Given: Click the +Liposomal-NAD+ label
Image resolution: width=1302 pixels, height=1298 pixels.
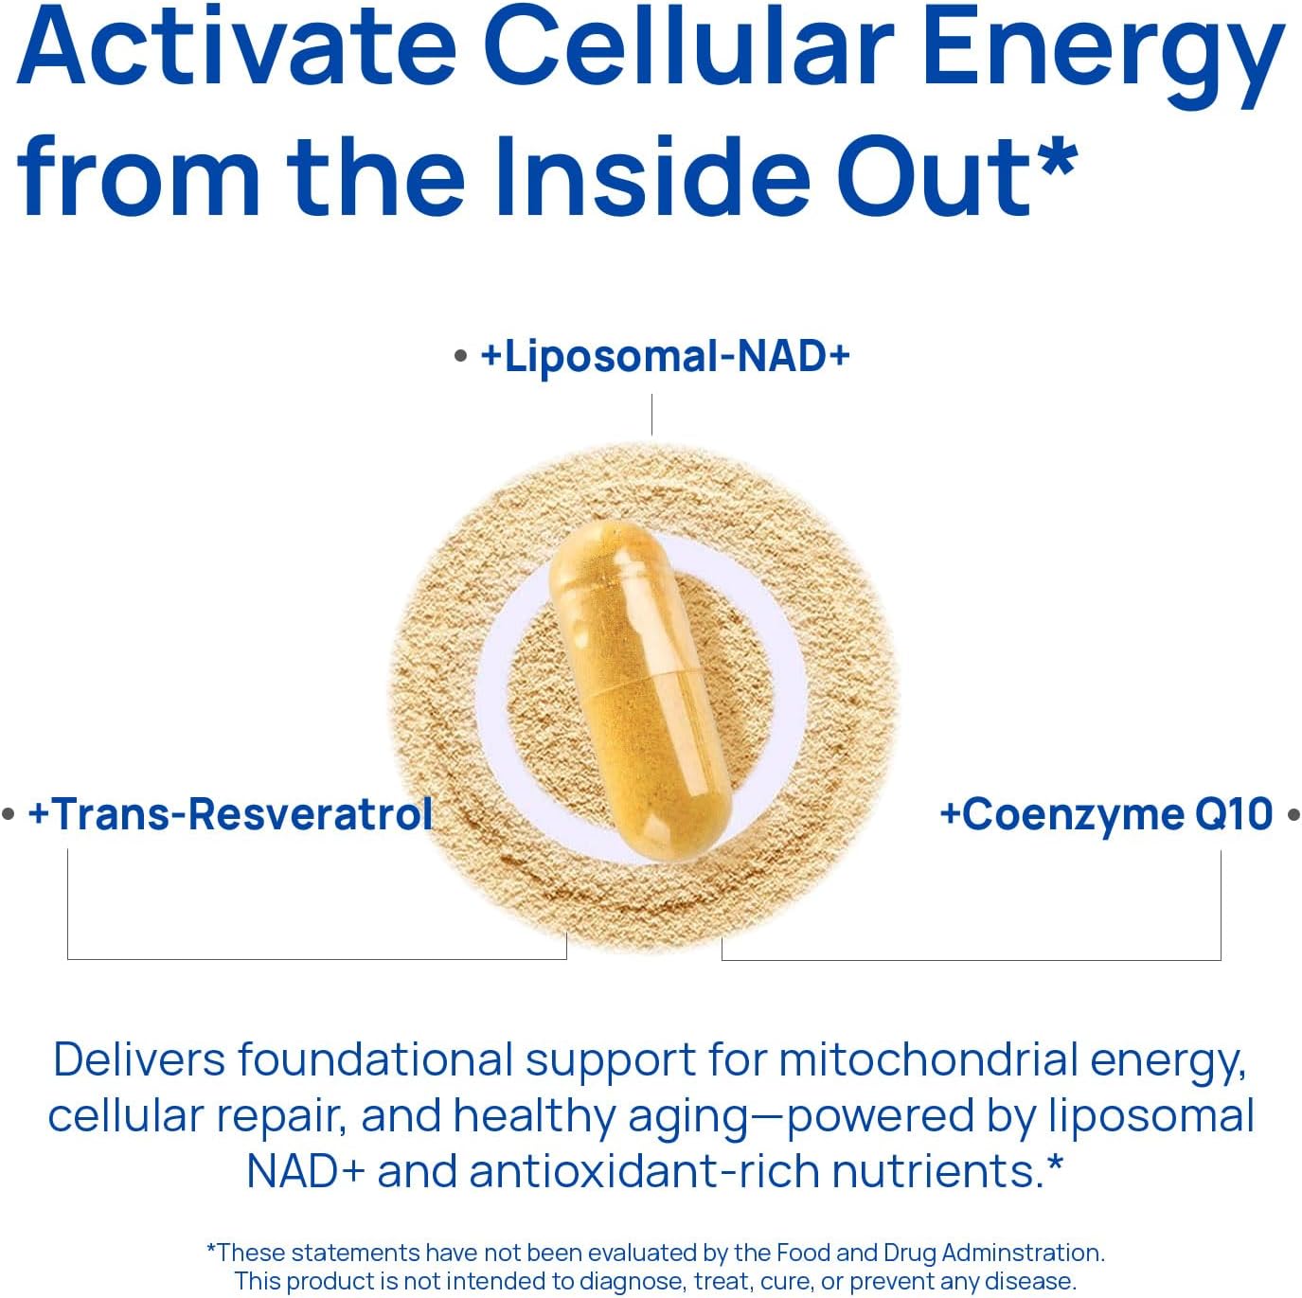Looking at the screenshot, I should (x=666, y=357).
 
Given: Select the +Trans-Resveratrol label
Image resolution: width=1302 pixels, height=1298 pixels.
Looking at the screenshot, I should (x=230, y=814).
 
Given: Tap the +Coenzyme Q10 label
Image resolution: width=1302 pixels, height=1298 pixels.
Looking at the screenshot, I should (x=1106, y=814).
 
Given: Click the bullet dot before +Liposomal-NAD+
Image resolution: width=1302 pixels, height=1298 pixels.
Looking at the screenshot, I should (x=461, y=358).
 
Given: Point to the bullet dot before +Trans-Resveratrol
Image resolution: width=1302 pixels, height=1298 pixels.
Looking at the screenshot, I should (x=9, y=814).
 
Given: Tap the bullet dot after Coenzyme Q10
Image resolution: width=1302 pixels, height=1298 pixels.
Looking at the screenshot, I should (x=1293, y=814).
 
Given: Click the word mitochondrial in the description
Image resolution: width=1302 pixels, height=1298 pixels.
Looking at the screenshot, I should (x=927, y=1059).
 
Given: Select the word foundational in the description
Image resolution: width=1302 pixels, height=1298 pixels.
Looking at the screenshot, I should (x=375, y=1059).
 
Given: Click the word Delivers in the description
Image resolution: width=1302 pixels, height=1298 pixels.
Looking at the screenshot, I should (x=139, y=1059).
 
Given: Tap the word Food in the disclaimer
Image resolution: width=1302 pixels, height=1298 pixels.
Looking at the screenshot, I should (x=803, y=1253).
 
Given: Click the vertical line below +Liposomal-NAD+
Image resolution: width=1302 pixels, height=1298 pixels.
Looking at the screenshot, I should (x=651, y=415).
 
